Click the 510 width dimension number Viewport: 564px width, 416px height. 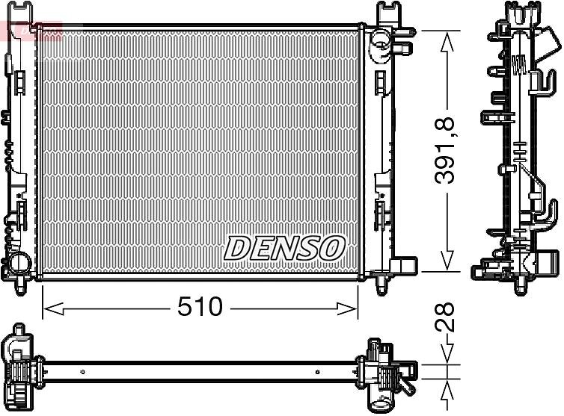[200, 307]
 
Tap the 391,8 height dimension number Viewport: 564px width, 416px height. [445, 151]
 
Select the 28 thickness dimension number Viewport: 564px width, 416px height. [445, 317]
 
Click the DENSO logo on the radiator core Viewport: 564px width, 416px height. [284, 248]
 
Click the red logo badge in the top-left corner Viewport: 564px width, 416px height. [31, 30]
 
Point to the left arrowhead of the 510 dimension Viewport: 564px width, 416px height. [53, 308]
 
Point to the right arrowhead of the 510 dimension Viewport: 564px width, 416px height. [348, 308]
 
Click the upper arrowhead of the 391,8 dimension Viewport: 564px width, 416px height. [447, 41]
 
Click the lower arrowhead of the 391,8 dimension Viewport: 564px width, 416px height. [447, 261]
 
